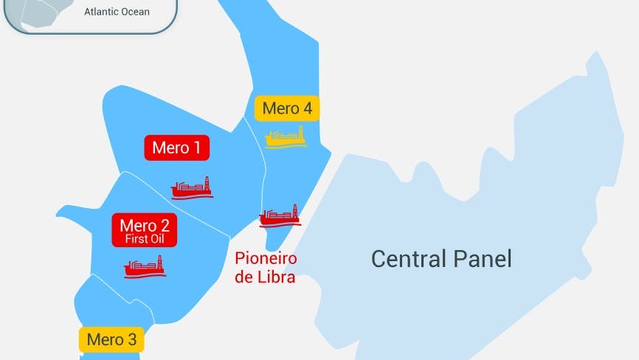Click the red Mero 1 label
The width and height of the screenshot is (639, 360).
[x=176, y=148]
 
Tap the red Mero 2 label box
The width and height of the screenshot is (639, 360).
[x=144, y=230]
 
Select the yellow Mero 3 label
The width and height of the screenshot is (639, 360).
[x=111, y=339]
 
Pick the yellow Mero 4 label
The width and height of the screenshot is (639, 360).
[x=287, y=109]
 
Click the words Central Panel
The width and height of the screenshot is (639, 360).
[x=441, y=259]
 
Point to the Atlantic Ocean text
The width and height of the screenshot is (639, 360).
[x=117, y=12]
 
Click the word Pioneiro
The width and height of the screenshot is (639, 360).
[x=266, y=259]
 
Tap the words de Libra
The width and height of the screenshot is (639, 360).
[x=265, y=277]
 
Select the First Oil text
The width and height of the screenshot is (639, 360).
[x=144, y=239]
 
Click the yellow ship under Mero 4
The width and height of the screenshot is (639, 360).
[x=286, y=137]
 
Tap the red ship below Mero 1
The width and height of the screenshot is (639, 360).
[x=192, y=189]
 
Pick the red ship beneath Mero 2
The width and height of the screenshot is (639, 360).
[x=144, y=266]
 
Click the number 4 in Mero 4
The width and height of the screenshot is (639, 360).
[x=306, y=109]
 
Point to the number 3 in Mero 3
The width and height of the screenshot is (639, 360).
[x=131, y=340]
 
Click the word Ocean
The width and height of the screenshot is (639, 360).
[x=135, y=12]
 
